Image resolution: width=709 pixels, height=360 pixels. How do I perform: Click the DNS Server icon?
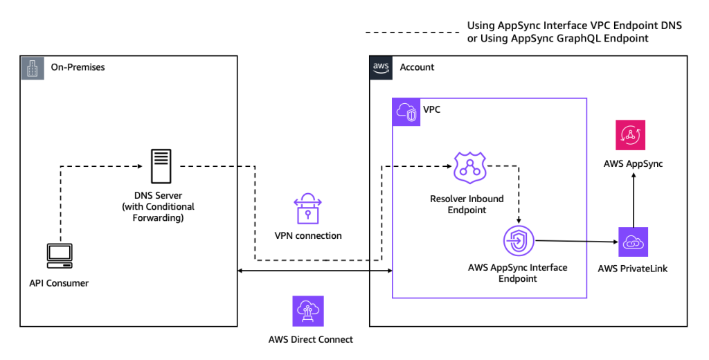(159, 166)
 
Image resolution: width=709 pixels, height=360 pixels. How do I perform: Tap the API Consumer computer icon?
(60, 255)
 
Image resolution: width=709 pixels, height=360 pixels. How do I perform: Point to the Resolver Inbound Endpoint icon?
(470, 167)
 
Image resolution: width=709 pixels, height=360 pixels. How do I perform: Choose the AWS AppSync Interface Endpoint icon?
(519, 241)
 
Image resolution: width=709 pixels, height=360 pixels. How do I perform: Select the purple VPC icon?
(406, 112)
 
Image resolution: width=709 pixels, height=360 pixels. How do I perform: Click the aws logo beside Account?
(382, 68)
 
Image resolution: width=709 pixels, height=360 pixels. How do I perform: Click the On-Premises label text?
(78, 68)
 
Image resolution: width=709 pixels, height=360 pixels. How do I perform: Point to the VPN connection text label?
(309, 235)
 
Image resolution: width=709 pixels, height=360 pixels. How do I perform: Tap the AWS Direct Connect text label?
(310, 339)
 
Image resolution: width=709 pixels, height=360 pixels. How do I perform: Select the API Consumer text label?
(60, 282)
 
